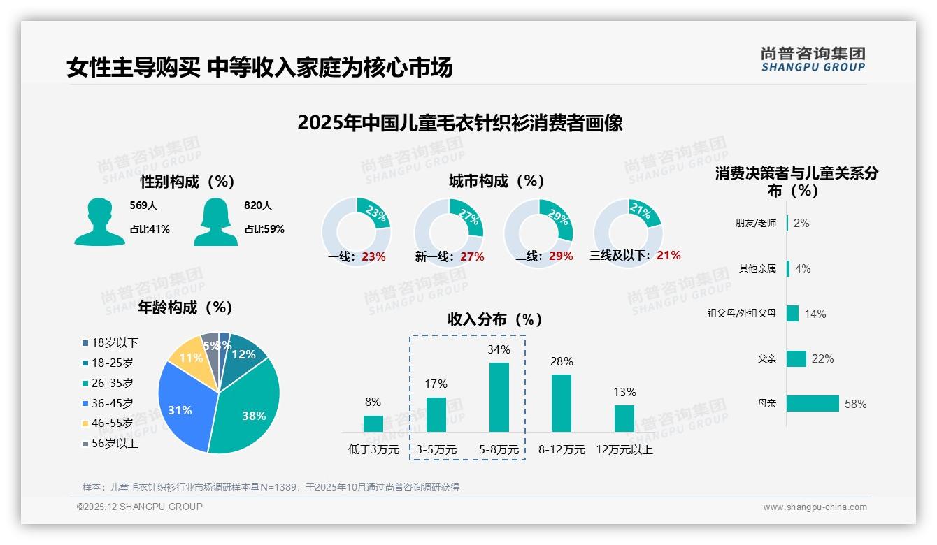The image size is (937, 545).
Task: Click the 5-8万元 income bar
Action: (x=499, y=397)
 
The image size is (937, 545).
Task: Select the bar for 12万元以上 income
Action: (x=624, y=419)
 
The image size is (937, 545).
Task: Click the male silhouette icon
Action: (x=99, y=221)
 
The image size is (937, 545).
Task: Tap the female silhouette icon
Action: (x=216, y=221)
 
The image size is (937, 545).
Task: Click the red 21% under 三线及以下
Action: (x=668, y=256)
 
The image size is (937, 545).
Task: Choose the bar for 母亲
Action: (x=813, y=404)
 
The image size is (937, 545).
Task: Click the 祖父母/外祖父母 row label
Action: (x=741, y=314)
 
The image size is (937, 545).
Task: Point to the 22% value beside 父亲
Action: (x=823, y=359)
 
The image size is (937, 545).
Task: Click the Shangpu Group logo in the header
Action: (x=813, y=59)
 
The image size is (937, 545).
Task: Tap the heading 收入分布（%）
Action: (x=495, y=319)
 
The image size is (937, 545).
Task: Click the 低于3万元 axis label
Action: (x=373, y=450)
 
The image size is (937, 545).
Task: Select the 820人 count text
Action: (x=258, y=205)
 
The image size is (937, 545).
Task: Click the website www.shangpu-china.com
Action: (x=815, y=507)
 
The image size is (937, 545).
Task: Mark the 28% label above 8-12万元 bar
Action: (x=562, y=362)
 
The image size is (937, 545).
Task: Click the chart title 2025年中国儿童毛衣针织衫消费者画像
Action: (x=459, y=123)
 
